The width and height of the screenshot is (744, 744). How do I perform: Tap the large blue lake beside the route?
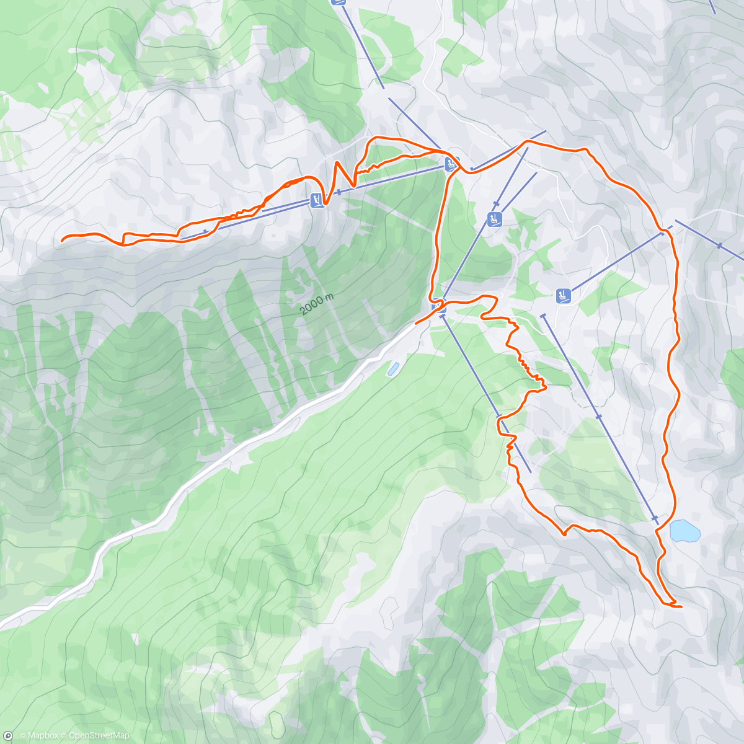click(x=685, y=531)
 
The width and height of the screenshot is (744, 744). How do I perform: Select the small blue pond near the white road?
click(x=393, y=369)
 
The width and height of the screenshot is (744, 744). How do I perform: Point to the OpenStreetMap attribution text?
click(x=99, y=736)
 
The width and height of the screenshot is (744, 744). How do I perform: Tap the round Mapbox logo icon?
click(x=7, y=736)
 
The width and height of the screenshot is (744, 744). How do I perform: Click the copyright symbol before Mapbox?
click(x=22, y=736)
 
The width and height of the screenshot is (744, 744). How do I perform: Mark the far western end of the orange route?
click(x=63, y=239)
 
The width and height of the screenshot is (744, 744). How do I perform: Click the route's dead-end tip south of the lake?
click(x=681, y=606)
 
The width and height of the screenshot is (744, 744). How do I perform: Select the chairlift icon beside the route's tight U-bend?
click(x=316, y=200)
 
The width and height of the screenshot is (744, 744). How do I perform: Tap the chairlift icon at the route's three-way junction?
click(x=451, y=164)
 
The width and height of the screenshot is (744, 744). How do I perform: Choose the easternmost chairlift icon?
click(x=563, y=296)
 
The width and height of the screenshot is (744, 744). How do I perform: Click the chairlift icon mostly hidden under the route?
click(x=438, y=306)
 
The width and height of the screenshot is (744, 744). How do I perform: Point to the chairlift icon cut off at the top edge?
click(x=338, y=2)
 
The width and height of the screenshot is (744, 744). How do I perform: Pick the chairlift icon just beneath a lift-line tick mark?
click(x=494, y=218)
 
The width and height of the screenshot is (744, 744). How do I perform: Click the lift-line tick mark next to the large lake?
click(x=655, y=518)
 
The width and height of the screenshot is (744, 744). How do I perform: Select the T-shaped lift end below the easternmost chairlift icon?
click(x=544, y=316)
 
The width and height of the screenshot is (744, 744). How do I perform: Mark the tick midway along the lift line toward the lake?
click(x=598, y=417)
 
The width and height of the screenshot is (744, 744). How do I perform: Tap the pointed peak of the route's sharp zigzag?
click(x=337, y=162)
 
